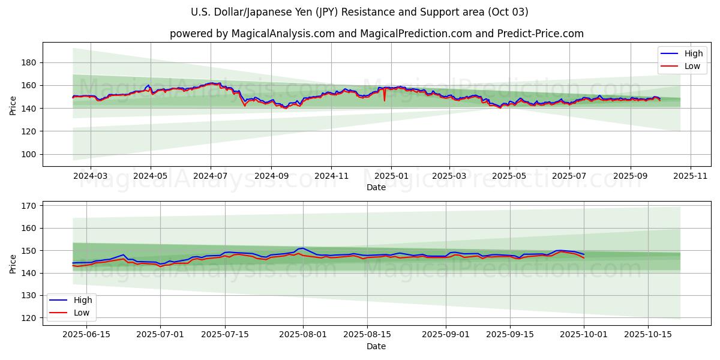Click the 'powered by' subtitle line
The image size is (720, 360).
tap(376, 34)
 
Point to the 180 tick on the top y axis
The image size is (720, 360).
tap(30, 62)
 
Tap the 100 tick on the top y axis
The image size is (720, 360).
tap(30, 154)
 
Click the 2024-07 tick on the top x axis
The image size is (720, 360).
tap(210, 177)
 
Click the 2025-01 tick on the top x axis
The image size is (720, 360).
tap(391, 177)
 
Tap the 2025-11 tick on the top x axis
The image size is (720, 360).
tap(691, 177)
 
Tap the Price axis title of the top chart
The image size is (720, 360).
tap(13, 104)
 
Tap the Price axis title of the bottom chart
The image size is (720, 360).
tap(13, 263)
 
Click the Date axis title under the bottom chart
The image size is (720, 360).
tap(376, 346)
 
